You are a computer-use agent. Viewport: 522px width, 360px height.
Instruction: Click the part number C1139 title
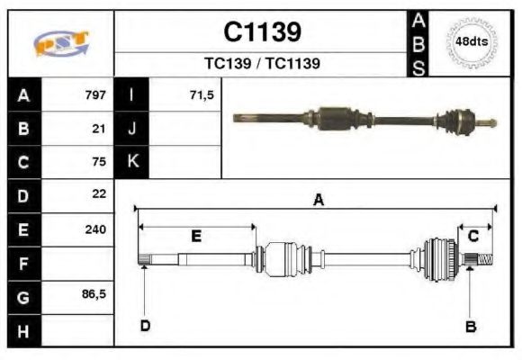click(x=262, y=33)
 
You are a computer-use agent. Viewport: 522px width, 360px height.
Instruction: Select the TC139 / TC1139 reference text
click(x=262, y=64)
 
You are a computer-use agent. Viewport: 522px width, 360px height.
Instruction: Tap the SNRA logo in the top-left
click(x=60, y=44)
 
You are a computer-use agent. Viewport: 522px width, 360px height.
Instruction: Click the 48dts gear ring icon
click(x=471, y=42)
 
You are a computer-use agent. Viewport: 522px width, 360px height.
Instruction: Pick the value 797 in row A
click(x=95, y=94)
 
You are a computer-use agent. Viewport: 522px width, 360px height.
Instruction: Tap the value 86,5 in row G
click(x=94, y=294)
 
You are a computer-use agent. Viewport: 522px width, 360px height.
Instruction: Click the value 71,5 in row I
click(x=202, y=94)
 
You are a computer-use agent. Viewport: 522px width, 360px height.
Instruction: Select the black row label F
click(x=23, y=264)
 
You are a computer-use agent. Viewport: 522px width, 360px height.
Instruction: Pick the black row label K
click(x=131, y=162)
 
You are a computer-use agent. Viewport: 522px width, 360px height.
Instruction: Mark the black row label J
click(x=131, y=128)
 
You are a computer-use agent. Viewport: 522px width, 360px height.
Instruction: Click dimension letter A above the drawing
click(x=318, y=201)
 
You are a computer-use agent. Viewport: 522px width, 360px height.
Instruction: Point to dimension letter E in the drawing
click(x=195, y=237)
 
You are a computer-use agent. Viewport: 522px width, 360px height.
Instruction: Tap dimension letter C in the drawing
click(x=472, y=236)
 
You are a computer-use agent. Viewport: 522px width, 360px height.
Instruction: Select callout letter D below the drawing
click(x=144, y=326)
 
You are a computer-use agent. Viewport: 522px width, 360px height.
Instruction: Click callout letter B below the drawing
click(x=470, y=327)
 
